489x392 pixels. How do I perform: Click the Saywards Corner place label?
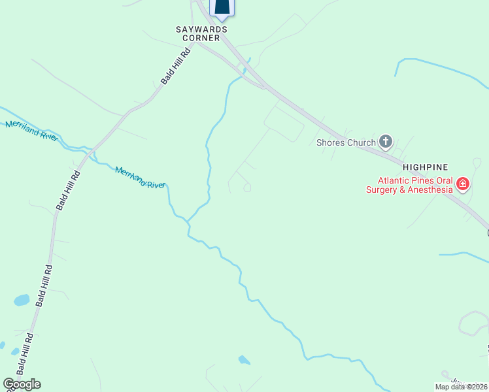click(202, 33)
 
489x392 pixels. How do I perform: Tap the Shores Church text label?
click(346, 142)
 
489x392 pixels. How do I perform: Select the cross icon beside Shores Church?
click(386, 141)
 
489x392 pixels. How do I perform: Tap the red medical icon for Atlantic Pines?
click(463, 184)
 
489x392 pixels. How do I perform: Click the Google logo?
click(22, 384)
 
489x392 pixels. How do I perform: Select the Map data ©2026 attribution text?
click(461, 387)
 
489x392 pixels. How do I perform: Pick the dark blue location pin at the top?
click(222, 7)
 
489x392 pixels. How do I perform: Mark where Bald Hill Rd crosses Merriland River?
click(90, 154)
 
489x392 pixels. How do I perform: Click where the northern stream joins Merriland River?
click(188, 221)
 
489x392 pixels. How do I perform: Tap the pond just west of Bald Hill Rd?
click(22, 301)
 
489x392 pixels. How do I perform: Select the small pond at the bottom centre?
click(244, 359)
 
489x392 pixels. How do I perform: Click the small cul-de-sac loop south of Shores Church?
click(247, 188)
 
